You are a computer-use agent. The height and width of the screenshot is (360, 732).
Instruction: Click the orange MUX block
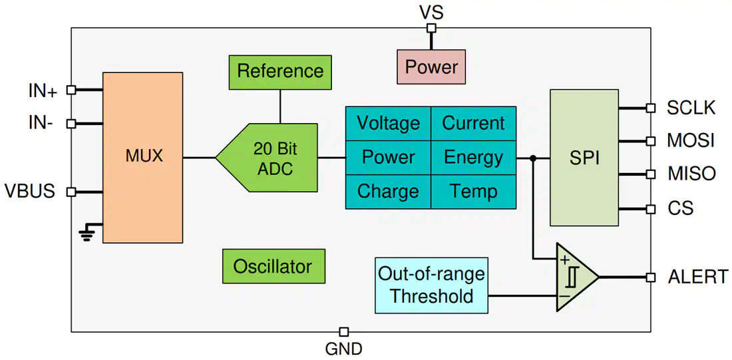[142, 157]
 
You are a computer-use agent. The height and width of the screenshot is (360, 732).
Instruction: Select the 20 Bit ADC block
[267, 158]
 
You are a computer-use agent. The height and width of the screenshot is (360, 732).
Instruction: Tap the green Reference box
[280, 72]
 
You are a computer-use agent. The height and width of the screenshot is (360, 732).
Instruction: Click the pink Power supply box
[431, 67]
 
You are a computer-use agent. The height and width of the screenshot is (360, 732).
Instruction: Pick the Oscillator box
[273, 266]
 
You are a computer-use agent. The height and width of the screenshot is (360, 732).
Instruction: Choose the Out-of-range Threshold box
[431, 285]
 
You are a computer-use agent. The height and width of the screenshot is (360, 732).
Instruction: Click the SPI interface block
[584, 158]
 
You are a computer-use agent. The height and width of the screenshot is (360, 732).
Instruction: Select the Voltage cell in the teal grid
[388, 123]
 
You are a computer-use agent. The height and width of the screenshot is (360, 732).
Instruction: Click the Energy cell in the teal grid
[473, 157]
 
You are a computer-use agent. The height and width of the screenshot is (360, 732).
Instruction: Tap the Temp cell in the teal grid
[473, 192]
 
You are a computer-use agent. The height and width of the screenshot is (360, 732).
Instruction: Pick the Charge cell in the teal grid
[388, 192]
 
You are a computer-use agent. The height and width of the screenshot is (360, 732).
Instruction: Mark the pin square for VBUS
[71, 192]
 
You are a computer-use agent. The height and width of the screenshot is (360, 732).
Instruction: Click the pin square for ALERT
[650, 277]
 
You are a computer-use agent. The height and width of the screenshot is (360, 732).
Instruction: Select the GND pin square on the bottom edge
[343, 332]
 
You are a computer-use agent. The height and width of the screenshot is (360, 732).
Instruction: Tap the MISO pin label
[692, 174]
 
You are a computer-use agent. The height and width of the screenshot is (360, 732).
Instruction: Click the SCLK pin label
[691, 108]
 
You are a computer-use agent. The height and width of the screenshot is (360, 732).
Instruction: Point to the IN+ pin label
[41, 92]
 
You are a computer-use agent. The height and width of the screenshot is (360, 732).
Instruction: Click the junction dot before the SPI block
[533, 158]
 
